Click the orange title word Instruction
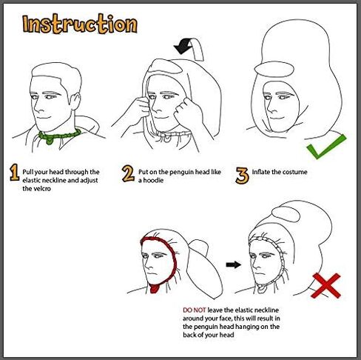click(80, 24)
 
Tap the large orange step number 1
click(14, 173)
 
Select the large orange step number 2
click(128, 174)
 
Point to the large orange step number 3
click(242, 176)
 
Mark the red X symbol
click(326, 285)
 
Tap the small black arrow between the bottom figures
click(234, 264)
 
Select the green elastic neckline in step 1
click(59, 136)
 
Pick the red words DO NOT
click(195, 310)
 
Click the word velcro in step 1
click(40, 189)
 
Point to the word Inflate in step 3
click(261, 172)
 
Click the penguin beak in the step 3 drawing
click(274, 68)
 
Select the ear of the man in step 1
click(75, 101)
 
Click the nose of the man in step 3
click(269, 109)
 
